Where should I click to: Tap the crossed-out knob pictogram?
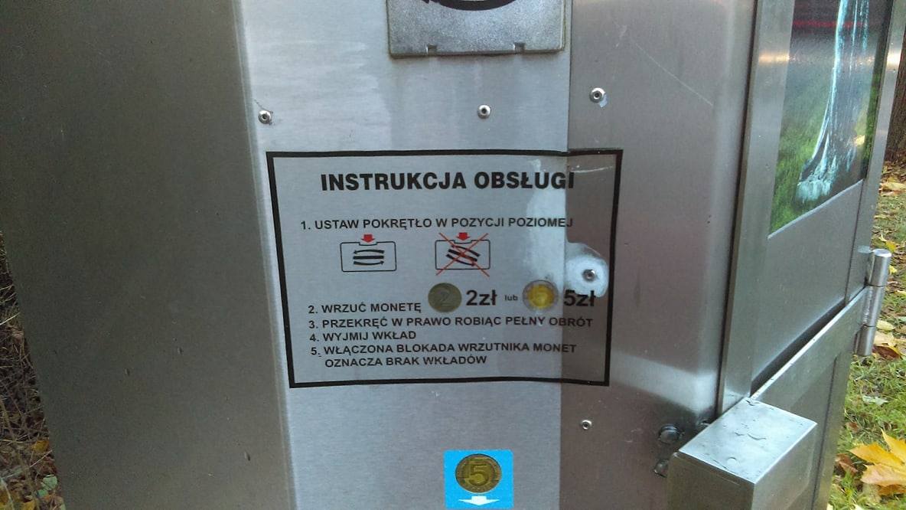tap(462, 253)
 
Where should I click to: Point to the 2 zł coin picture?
tap(445, 298)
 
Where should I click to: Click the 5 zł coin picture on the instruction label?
tap(540, 296)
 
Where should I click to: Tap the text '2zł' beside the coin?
tap(481, 298)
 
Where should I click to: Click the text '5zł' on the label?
tap(578, 298)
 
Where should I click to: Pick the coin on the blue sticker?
tap(477, 473)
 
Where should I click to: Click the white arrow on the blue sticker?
tap(478, 501)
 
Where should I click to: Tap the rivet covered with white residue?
tap(588, 275)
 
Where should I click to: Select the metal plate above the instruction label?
tap(476, 26)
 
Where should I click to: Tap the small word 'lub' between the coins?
tap(511, 299)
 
